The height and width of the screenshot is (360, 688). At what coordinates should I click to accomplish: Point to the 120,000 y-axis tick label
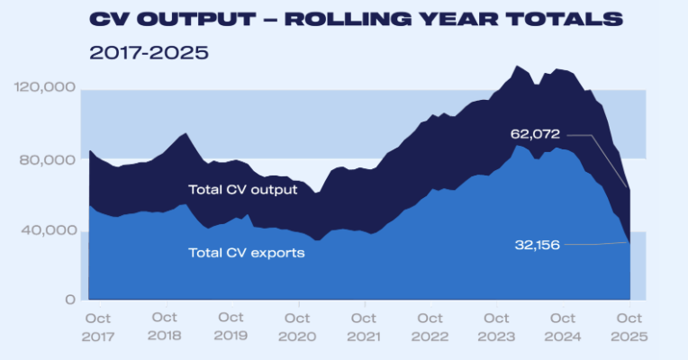click(44, 87)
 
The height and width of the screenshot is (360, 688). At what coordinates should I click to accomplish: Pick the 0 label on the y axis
click(69, 300)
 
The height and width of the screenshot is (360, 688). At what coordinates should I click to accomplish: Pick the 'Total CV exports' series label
click(246, 253)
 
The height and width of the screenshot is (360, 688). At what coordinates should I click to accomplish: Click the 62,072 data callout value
click(535, 134)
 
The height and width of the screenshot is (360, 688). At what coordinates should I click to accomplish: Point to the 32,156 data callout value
click(535, 244)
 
